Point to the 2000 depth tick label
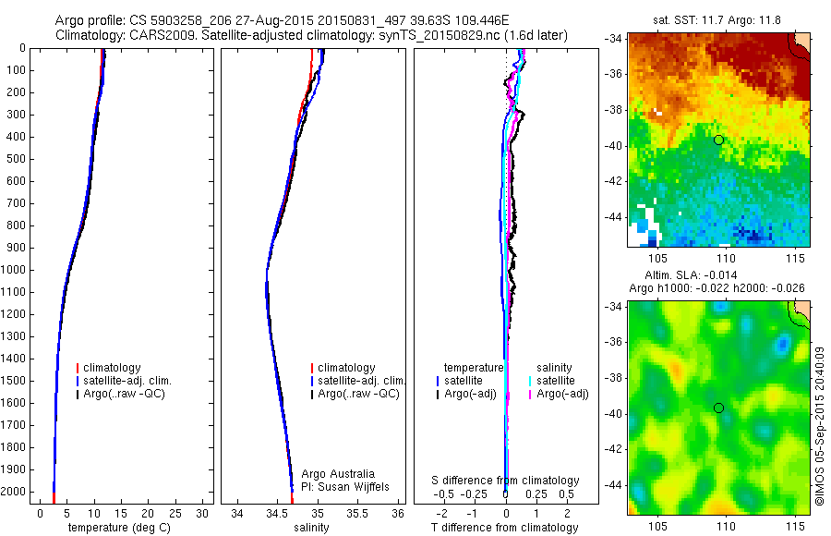[x=16, y=492]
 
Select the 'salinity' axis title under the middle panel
[x=311, y=528]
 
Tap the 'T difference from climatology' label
[x=504, y=528]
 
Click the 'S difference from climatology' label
[x=506, y=481]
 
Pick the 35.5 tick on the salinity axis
[x=357, y=512]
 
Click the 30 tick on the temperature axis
[x=203, y=512]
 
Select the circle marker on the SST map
[x=718, y=140]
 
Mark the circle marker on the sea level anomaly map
[x=718, y=408]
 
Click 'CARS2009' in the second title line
[x=149, y=35]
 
